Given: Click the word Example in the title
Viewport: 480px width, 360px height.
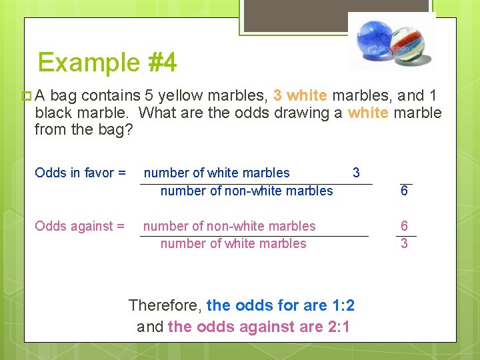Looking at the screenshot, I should [87, 63].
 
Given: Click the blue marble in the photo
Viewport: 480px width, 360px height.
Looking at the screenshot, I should [374, 39].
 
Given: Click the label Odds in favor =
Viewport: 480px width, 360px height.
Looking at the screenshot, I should [80, 173].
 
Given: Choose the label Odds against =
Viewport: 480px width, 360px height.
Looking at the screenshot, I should [79, 226].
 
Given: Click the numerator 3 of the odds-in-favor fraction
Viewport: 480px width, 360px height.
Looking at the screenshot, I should [356, 173].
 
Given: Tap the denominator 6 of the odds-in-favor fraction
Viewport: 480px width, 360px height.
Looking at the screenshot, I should [405, 191].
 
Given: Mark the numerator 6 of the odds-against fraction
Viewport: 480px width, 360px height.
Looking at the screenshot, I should [404, 226].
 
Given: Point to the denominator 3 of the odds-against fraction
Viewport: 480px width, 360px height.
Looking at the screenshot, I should [404, 244].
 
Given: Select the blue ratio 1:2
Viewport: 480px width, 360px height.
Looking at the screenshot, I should [343, 306].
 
